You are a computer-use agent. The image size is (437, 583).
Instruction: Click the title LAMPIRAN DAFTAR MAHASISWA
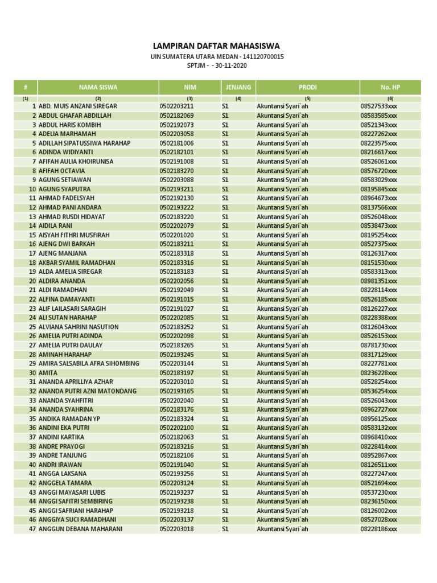tap(216, 46)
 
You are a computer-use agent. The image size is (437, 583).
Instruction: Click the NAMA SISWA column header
tap(98, 87)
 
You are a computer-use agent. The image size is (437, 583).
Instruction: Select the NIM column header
tap(189, 87)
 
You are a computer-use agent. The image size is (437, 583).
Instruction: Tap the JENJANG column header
tap(238, 87)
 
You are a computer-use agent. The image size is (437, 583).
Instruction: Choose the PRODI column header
tap(307, 87)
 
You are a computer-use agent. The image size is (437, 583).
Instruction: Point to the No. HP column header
tap(390, 87)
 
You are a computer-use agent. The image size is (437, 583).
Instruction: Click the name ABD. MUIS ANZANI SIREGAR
tap(77, 106)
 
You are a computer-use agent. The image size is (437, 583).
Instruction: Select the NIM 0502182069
tap(177, 116)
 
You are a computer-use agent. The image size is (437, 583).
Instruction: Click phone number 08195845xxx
tap(379, 189)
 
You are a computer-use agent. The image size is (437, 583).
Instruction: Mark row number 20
tap(32, 281)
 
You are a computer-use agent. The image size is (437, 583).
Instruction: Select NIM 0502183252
tap(177, 327)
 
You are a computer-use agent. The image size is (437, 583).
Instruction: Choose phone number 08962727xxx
tap(379, 409)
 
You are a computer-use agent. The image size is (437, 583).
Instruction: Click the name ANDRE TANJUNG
tap(63, 455)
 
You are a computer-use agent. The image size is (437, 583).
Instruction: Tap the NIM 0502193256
tap(177, 474)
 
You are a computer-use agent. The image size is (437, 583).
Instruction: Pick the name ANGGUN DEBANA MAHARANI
tap(80, 529)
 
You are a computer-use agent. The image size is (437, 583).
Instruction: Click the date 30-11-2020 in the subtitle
tap(232, 65)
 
